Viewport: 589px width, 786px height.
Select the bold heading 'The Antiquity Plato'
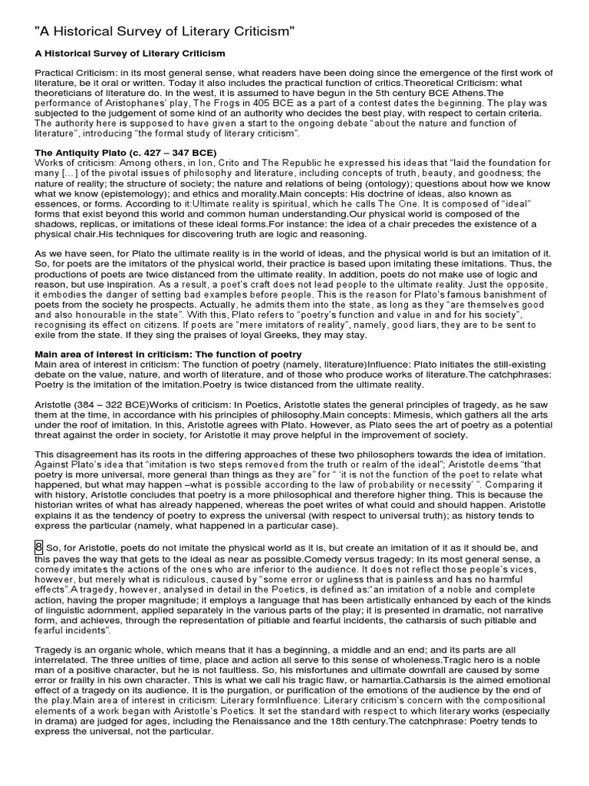coord(125,153)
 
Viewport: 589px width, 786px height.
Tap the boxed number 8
coord(38,547)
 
